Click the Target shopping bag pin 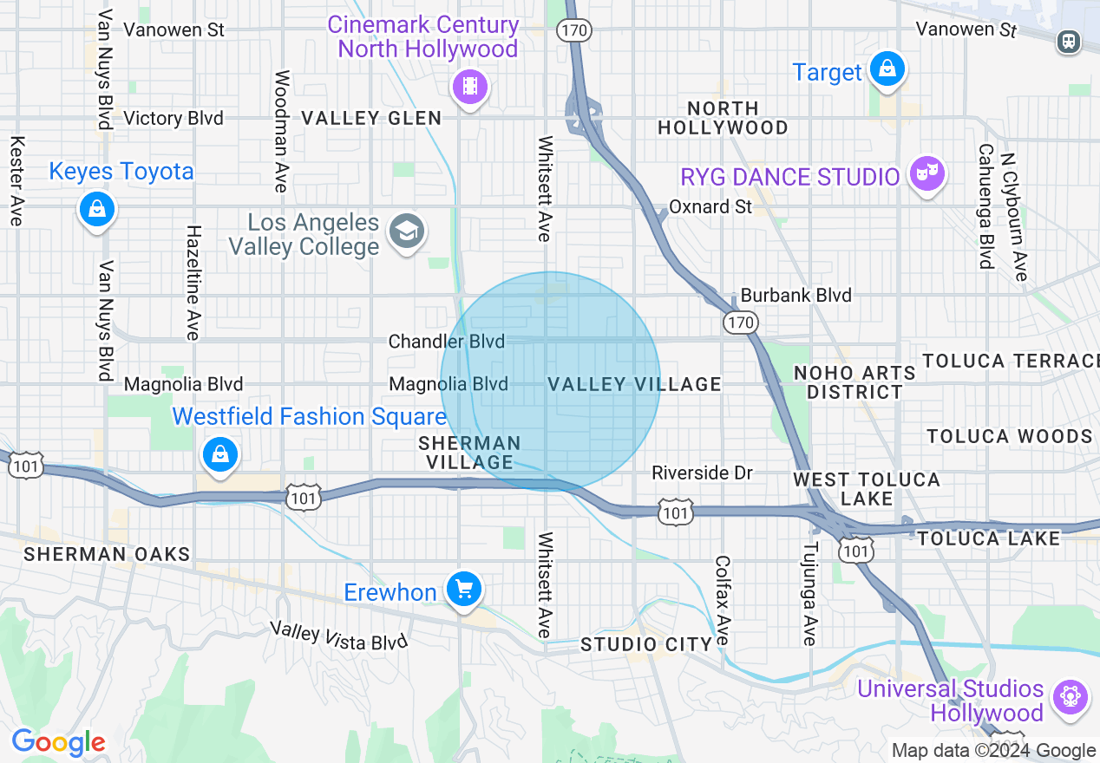pyautogui.click(x=887, y=69)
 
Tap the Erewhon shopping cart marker pyautogui.click(x=463, y=590)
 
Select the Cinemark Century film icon pyautogui.click(x=469, y=85)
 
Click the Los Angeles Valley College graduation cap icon pyautogui.click(x=406, y=232)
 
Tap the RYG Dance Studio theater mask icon pyautogui.click(x=926, y=174)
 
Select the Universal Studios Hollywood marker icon pyautogui.click(x=1071, y=697)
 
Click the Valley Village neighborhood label pyautogui.click(x=634, y=384)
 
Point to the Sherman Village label pyautogui.click(x=469, y=453)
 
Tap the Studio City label pyautogui.click(x=646, y=644)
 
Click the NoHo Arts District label pyautogui.click(x=854, y=382)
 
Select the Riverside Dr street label pyautogui.click(x=703, y=473)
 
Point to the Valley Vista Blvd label pyautogui.click(x=337, y=636)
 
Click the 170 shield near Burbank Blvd pyautogui.click(x=742, y=323)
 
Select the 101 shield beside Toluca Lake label pyautogui.click(x=857, y=550)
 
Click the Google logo pyautogui.click(x=58, y=742)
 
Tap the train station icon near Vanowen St pyautogui.click(x=1069, y=41)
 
